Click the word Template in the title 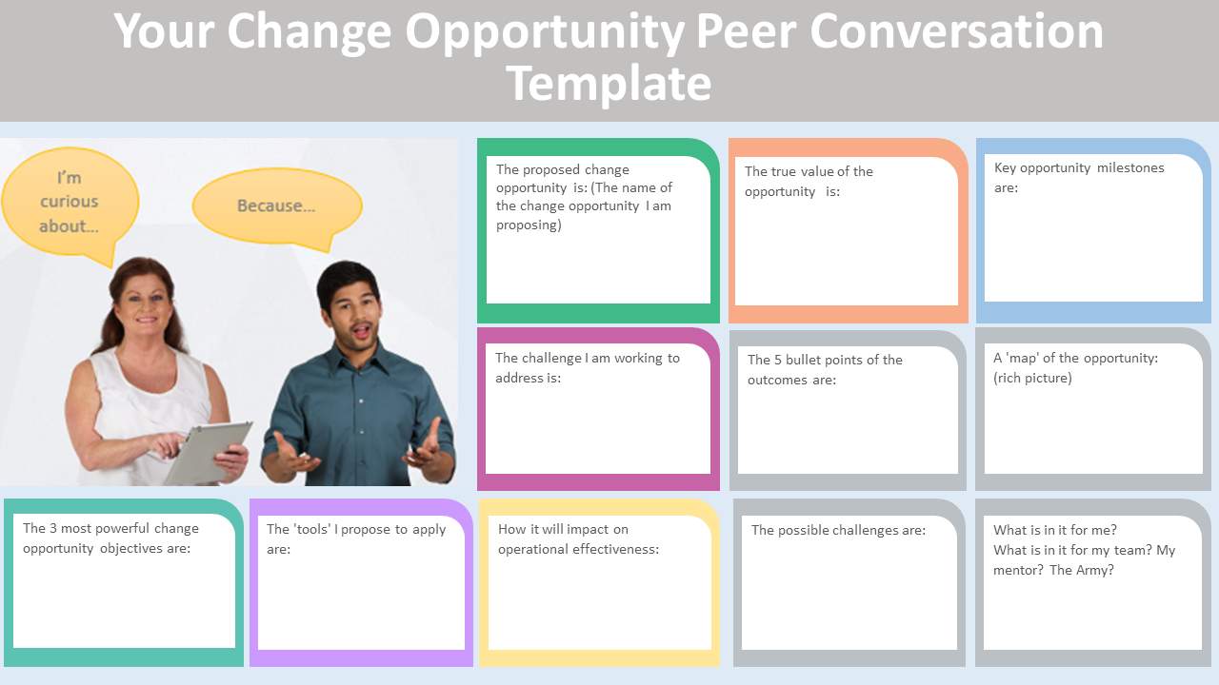pyautogui.click(x=609, y=83)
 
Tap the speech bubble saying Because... pyautogui.click(x=277, y=206)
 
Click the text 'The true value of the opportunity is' pyautogui.click(x=809, y=182)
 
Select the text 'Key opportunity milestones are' pyautogui.click(x=1079, y=178)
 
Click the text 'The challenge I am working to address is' pyautogui.click(x=588, y=368)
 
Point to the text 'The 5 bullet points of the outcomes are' pyautogui.click(x=825, y=370)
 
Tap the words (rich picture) pyautogui.click(x=1032, y=378)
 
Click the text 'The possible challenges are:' pyautogui.click(x=838, y=530)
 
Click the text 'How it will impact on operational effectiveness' pyautogui.click(x=578, y=539)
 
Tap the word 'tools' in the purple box pyautogui.click(x=312, y=529)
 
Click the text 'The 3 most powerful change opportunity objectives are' pyautogui.click(x=110, y=538)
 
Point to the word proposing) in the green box pyautogui.click(x=529, y=225)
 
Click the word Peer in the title pyautogui.click(x=747, y=31)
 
